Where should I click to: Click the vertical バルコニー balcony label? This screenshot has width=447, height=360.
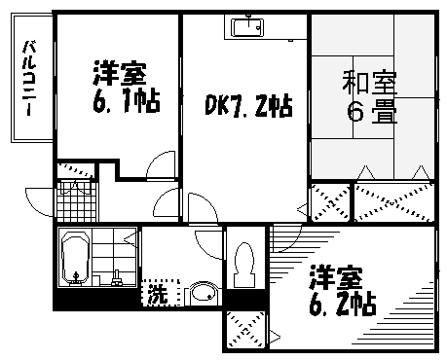pos(30,78)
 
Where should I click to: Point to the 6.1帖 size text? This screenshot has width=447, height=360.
pos(127,99)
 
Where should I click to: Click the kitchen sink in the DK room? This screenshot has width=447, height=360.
pos(251,30)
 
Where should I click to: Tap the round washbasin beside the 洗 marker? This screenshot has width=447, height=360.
pos(203,293)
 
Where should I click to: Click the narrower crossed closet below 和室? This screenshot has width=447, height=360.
pos(328,201)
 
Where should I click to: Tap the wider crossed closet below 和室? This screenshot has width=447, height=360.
pos(391,201)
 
